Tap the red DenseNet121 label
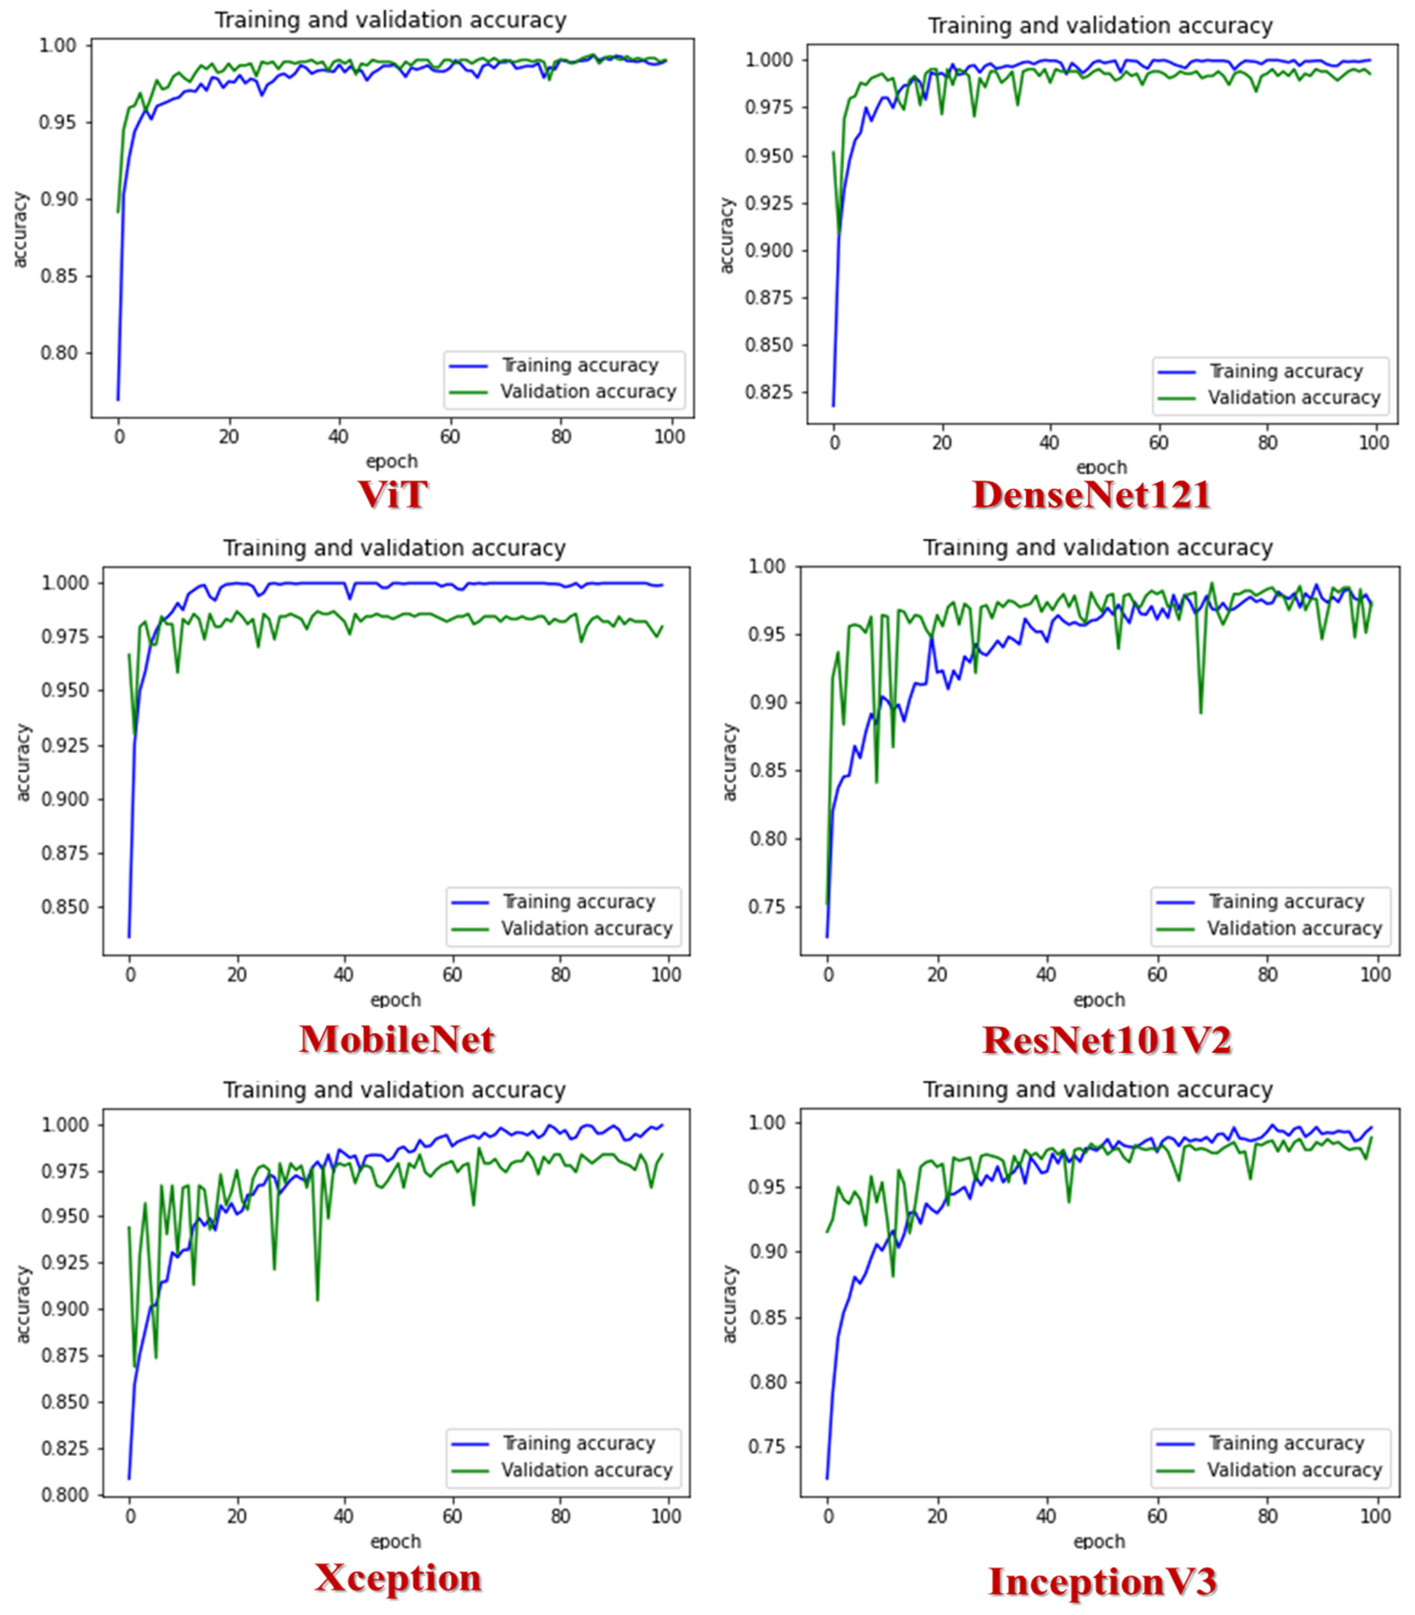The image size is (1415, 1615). pyautogui.click(x=1091, y=495)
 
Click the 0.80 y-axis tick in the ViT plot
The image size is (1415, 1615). pyautogui.click(x=59, y=353)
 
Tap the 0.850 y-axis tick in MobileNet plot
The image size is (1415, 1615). pyautogui.click(x=65, y=907)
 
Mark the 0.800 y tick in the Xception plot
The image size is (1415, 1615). pyautogui.click(x=65, y=1495)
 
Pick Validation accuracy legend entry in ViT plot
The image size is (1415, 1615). pyautogui.click(x=588, y=391)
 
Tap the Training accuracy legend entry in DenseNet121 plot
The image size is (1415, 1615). pyautogui.click(x=1285, y=371)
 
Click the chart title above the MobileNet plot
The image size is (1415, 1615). pyautogui.click(x=394, y=548)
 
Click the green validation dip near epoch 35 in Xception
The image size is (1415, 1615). pyautogui.click(x=317, y=1299)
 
